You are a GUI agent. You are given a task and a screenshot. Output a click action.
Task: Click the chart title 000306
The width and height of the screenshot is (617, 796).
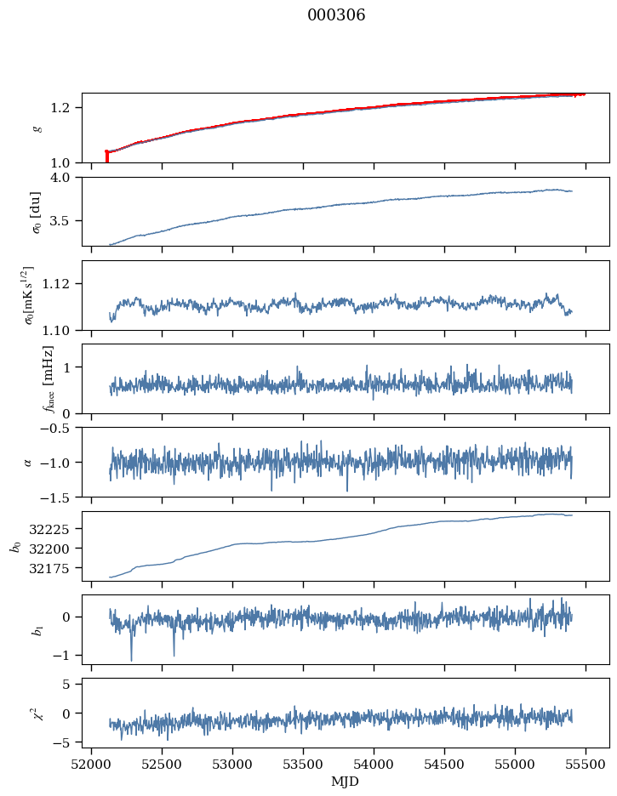click(336, 15)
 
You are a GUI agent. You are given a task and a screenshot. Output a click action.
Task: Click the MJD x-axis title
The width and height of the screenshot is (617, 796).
click(345, 782)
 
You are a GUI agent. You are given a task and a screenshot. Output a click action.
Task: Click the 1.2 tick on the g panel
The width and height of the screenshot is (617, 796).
click(66, 107)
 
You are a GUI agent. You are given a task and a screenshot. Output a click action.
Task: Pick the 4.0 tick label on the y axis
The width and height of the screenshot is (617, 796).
click(66, 178)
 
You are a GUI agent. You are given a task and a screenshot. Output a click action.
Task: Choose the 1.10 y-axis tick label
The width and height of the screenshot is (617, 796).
click(62, 330)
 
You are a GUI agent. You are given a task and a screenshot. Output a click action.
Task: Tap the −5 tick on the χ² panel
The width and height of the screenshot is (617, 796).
click(67, 742)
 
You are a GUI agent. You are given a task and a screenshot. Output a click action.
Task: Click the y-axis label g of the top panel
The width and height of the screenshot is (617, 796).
click(36, 128)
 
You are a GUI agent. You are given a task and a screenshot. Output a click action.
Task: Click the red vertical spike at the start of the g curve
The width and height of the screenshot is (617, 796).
click(106, 156)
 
